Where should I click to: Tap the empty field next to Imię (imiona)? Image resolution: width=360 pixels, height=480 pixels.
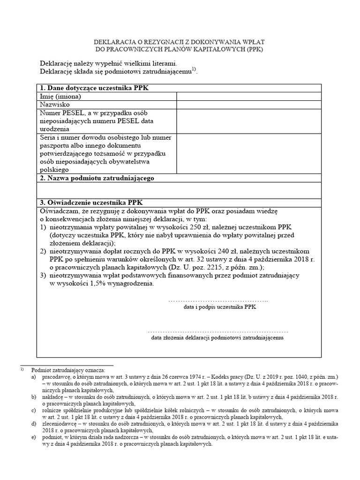coord(248,97)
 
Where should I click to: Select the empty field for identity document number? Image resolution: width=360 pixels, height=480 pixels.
coord(248,154)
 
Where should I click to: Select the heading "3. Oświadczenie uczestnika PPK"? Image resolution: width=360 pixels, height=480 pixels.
coord(92,202)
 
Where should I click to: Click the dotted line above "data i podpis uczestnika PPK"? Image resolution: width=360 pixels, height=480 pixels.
coord(217,300)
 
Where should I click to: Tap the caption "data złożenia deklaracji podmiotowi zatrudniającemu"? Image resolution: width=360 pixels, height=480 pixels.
coord(217,337)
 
